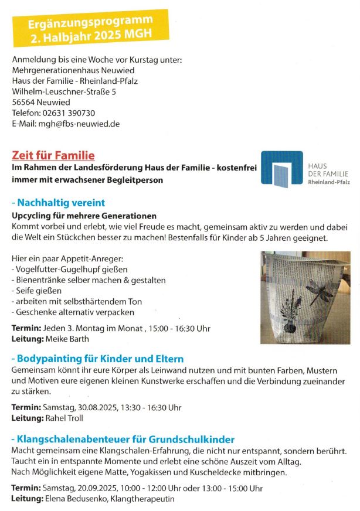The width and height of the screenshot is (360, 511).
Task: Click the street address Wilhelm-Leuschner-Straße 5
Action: (x=64, y=91)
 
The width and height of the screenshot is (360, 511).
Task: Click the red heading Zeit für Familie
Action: (x=53, y=155)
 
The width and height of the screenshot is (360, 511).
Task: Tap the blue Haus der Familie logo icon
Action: (x=282, y=169)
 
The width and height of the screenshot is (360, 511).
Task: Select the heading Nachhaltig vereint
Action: (x=59, y=203)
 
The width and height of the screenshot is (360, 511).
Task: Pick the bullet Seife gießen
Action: (x=38, y=291)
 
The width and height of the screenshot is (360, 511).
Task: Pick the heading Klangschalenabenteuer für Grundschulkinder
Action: (x=123, y=439)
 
